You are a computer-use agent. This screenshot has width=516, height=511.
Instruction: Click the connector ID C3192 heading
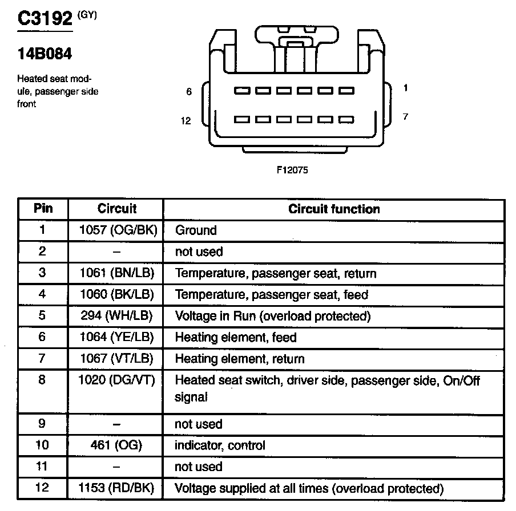(46, 19)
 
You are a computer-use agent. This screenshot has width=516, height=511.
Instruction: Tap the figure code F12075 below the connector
(291, 169)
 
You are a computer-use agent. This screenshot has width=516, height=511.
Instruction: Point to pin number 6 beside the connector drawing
(189, 91)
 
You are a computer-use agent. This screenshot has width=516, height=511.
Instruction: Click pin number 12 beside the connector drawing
(186, 121)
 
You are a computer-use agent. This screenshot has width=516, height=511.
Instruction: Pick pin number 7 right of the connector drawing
(405, 116)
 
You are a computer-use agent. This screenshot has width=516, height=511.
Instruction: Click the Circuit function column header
(334, 209)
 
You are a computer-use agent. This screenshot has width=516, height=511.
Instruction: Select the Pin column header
(43, 209)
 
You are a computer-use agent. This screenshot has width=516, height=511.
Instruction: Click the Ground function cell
(196, 230)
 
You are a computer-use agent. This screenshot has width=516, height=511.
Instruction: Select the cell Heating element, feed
(236, 338)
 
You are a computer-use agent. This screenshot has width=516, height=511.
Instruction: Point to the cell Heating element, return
(240, 359)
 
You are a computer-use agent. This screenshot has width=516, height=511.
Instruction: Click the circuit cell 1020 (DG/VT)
(117, 380)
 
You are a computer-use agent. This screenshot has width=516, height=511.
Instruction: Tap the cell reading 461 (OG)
(116, 445)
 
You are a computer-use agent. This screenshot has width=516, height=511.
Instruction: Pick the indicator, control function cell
(220, 445)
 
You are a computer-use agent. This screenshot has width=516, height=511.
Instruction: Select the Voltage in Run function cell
(273, 316)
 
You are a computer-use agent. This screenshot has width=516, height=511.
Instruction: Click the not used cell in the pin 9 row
(199, 424)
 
